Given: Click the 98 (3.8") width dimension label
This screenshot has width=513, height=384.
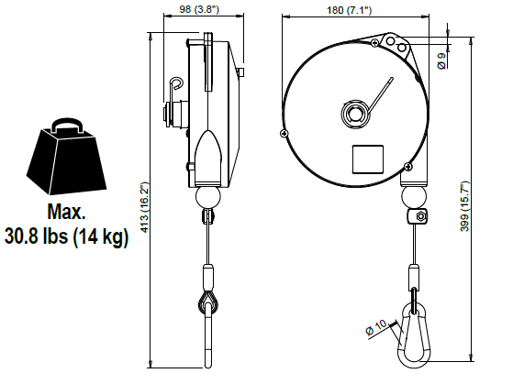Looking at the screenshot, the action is coord(199,9).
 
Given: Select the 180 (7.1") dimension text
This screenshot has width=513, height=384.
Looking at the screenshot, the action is coord(350,10).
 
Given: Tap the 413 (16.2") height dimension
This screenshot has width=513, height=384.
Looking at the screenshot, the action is coord(144,207).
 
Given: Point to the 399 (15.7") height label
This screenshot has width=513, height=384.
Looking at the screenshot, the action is coord(464,206).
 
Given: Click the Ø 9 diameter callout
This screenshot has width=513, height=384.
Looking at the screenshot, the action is coord(441,60).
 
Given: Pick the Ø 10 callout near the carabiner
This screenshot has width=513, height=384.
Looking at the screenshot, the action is coord(376,327).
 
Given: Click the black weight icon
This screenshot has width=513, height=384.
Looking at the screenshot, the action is coord(66,156).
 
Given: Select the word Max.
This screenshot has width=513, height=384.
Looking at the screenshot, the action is coord(66,212).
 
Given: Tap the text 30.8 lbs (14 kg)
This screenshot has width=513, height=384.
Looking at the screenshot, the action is coord(66,236).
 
